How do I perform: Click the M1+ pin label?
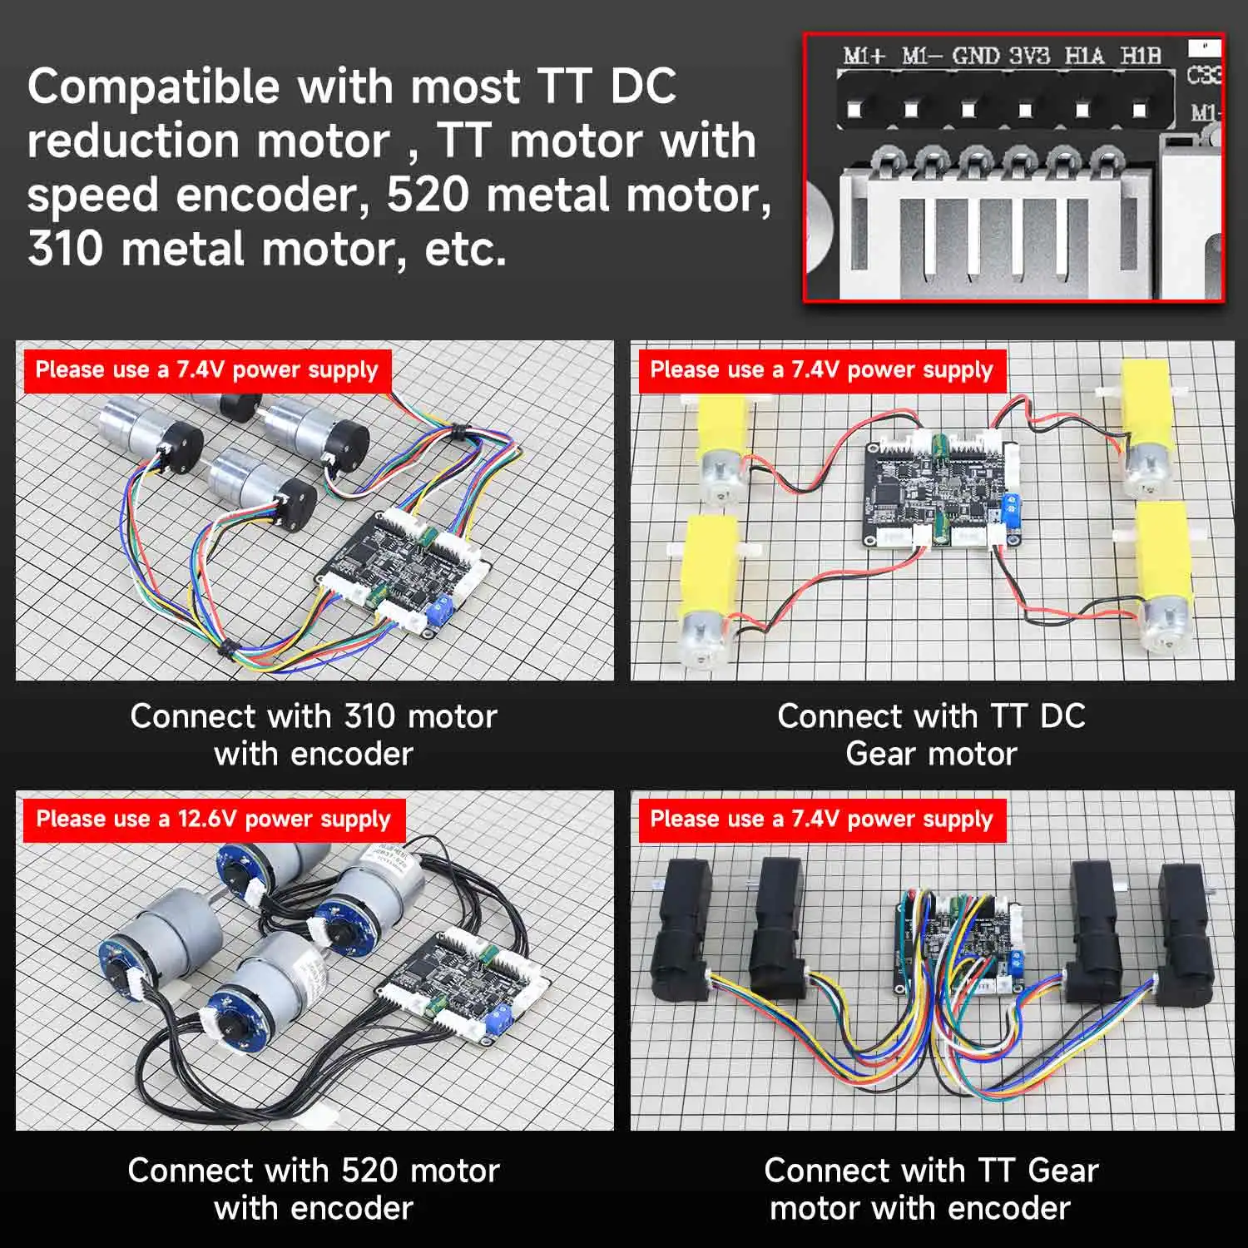[x=864, y=57]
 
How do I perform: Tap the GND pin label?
[x=975, y=57]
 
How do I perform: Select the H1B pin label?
[x=1140, y=56]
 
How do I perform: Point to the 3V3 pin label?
[x=1029, y=57]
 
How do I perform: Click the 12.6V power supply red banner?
[x=213, y=819]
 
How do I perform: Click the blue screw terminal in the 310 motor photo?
[x=438, y=612]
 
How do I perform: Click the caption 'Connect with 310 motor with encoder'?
[x=314, y=735]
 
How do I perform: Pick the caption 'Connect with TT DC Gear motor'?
[x=931, y=735]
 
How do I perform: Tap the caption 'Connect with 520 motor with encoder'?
[x=314, y=1189]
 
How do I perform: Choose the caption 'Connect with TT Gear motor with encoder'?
[x=931, y=1189]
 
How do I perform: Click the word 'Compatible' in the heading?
[x=154, y=87]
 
